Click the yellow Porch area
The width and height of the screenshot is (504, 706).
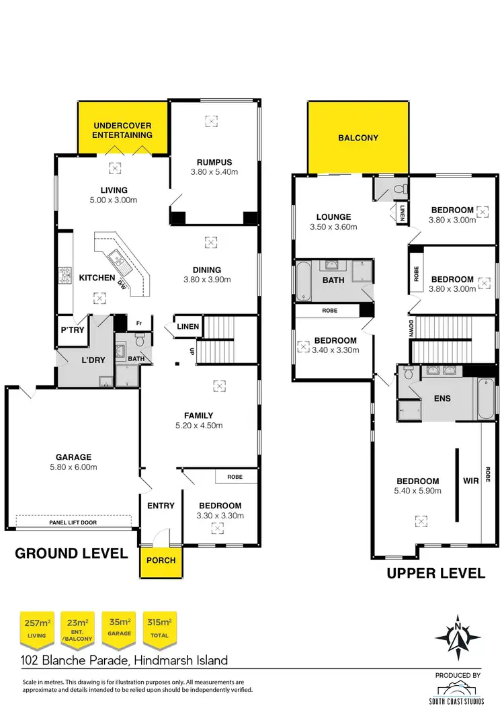click(161, 560)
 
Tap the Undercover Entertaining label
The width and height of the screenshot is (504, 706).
click(122, 130)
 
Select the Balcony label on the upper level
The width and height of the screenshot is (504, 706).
click(358, 138)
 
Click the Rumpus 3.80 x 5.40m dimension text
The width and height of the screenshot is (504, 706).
click(214, 172)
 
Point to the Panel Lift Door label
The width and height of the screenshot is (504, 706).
click(73, 521)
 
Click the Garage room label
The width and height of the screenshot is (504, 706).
click(74, 457)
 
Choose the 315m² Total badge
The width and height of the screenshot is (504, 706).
click(159, 627)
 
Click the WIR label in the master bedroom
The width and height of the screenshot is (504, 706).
click(470, 481)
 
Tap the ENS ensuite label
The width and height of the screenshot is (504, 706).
click(442, 398)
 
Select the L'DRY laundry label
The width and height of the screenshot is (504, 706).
click(93, 360)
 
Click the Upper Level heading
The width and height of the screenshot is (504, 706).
click(435, 574)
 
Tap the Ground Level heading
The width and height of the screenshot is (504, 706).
click(71, 553)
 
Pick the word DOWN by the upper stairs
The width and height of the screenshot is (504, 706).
click(410, 330)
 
